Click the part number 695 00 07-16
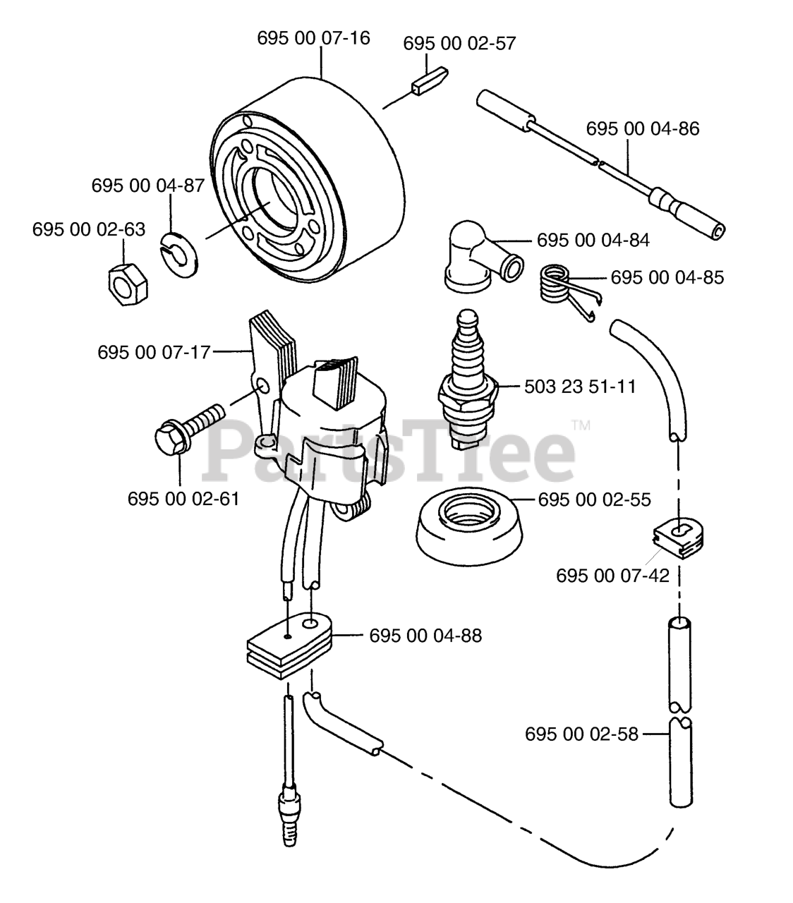point(313,38)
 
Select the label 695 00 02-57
point(459,43)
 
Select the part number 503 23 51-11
point(580,387)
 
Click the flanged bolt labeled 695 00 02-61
point(185,424)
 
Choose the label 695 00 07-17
point(155,351)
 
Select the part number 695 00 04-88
point(425,636)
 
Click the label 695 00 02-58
point(581,734)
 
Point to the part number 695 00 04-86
point(643,128)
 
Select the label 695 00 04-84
point(593,240)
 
